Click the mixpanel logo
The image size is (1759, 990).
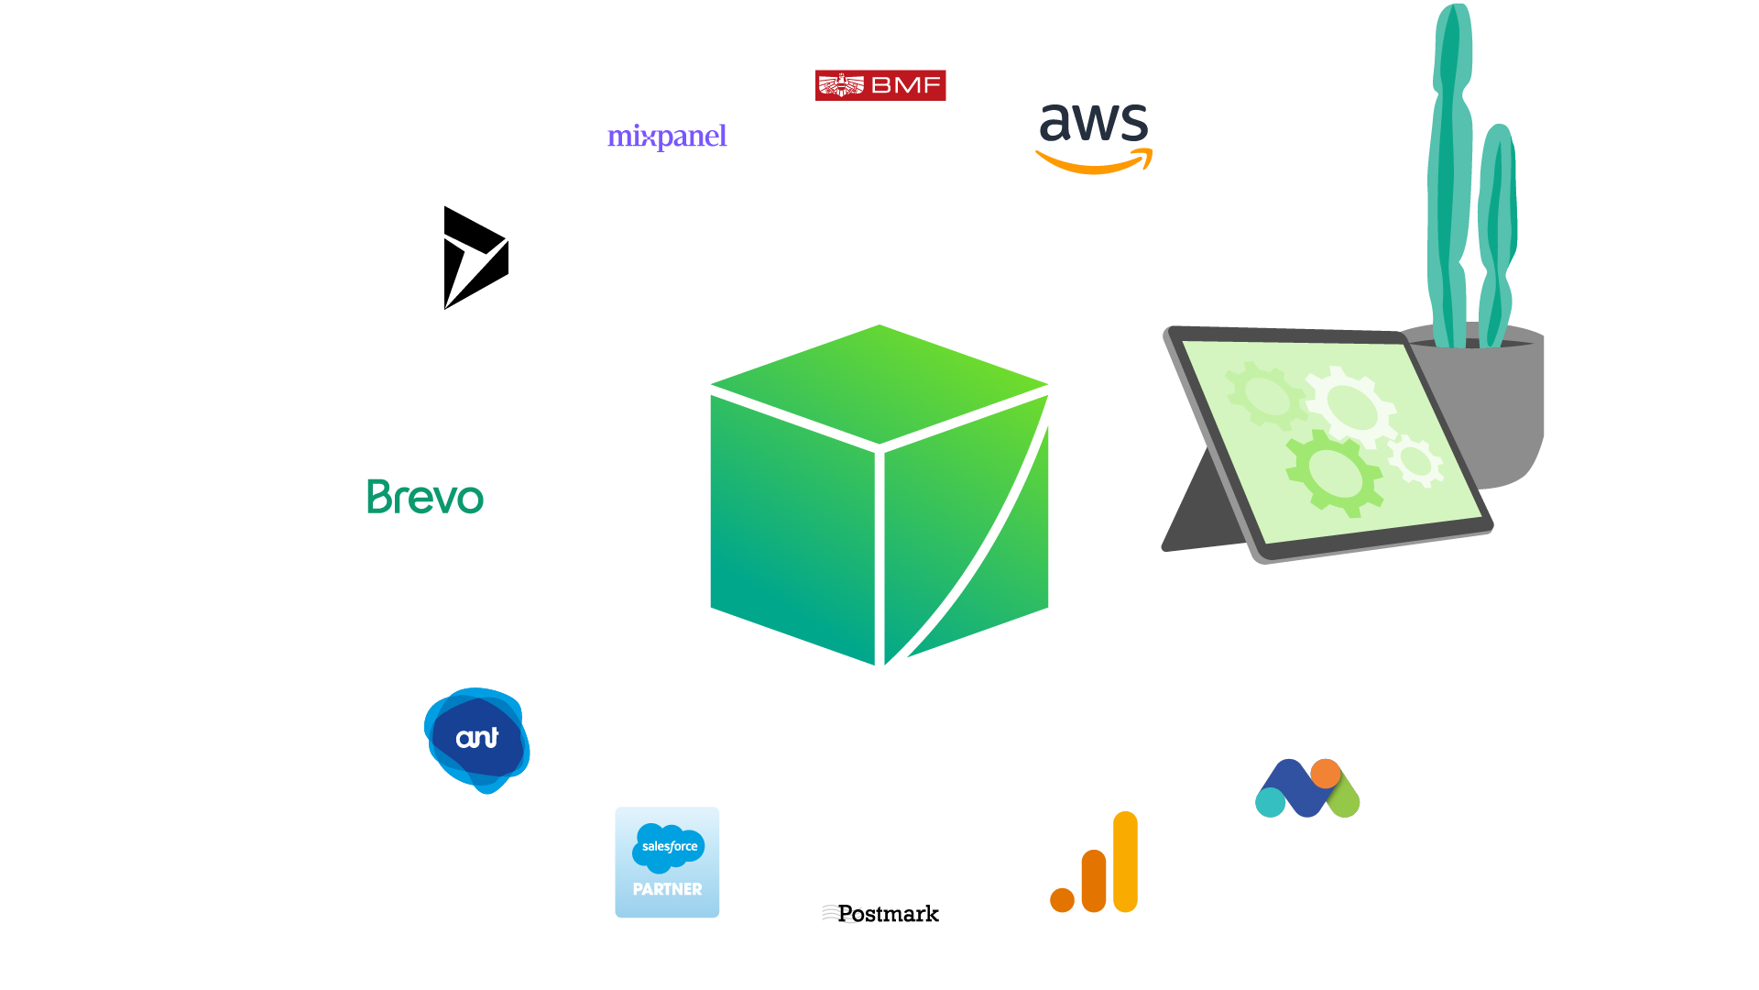click(x=667, y=137)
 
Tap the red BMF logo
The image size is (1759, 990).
click(x=880, y=85)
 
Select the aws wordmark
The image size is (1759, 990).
click(x=1094, y=124)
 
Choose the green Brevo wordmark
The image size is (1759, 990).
click(x=425, y=497)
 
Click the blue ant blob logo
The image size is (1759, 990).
click(x=476, y=740)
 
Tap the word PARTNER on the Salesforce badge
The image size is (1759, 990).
click(x=667, y=889)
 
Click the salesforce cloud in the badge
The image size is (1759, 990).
click(x=669, y=846)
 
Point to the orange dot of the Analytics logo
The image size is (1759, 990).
click(x=1062, y=900)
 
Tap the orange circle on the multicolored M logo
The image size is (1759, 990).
click(x=1325, y=774)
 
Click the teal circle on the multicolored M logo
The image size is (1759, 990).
click(x=1270, y=802)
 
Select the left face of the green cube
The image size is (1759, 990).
click(x=792, y=527)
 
